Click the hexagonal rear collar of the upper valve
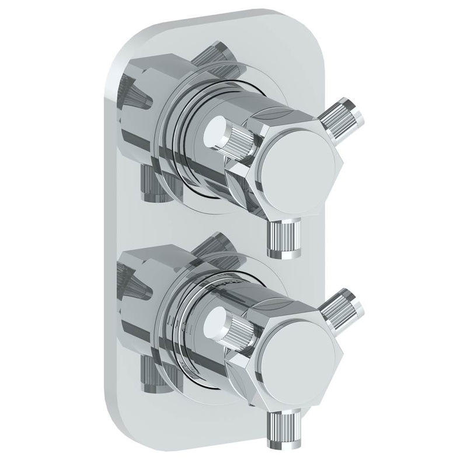click(x=146, y=105)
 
